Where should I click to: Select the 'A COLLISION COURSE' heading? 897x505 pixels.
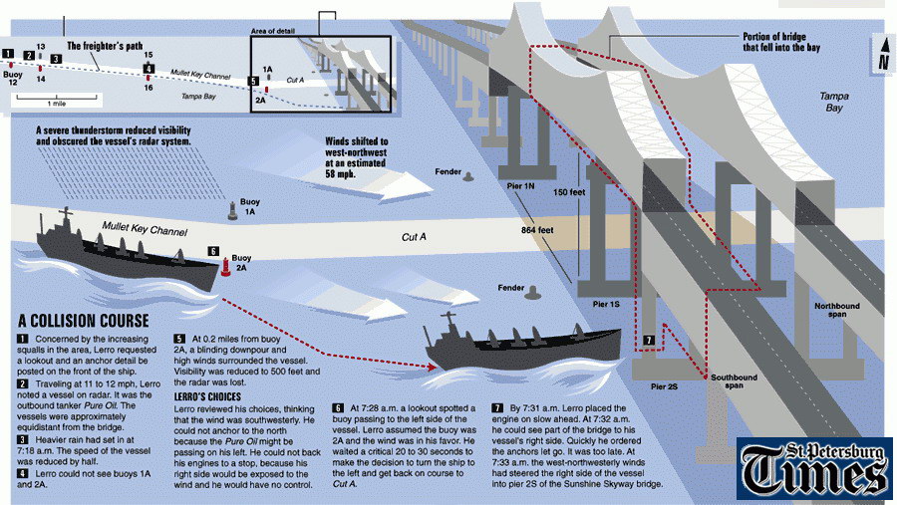click(84, 321)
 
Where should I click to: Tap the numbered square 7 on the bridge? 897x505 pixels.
click(649, 341)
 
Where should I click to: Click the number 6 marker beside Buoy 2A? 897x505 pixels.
click(212, 252)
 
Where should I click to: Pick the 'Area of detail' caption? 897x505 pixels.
click(273, 31)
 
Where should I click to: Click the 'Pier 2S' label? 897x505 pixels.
click(666, 384)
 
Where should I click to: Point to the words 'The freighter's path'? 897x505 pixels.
click(106, 46)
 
